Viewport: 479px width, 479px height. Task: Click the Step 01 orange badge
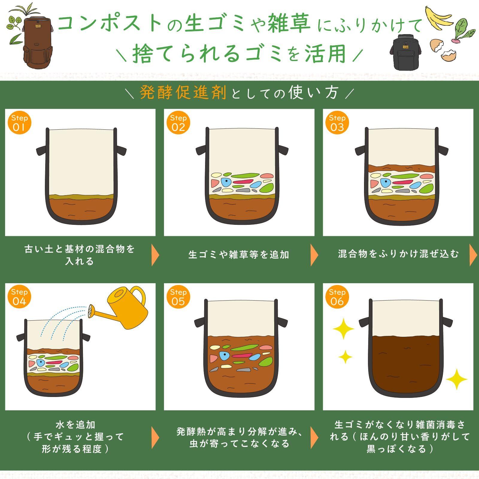(19, 123)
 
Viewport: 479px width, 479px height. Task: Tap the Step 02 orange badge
(178, 123)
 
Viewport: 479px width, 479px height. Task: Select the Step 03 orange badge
(337, 123)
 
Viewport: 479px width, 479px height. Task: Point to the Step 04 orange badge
(19, 297)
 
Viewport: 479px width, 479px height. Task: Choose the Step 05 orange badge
(178, 297)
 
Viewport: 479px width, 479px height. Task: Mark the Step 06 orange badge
(337, 297)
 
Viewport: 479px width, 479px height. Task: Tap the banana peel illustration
(439, 18)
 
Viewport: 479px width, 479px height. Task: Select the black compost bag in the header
(406, 51)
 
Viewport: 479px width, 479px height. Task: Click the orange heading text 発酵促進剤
(183, 93)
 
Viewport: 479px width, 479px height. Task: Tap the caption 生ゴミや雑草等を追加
(239, 255)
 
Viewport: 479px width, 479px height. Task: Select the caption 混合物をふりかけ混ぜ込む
(398, 254)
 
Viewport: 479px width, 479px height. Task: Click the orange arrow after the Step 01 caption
(155, 255)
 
